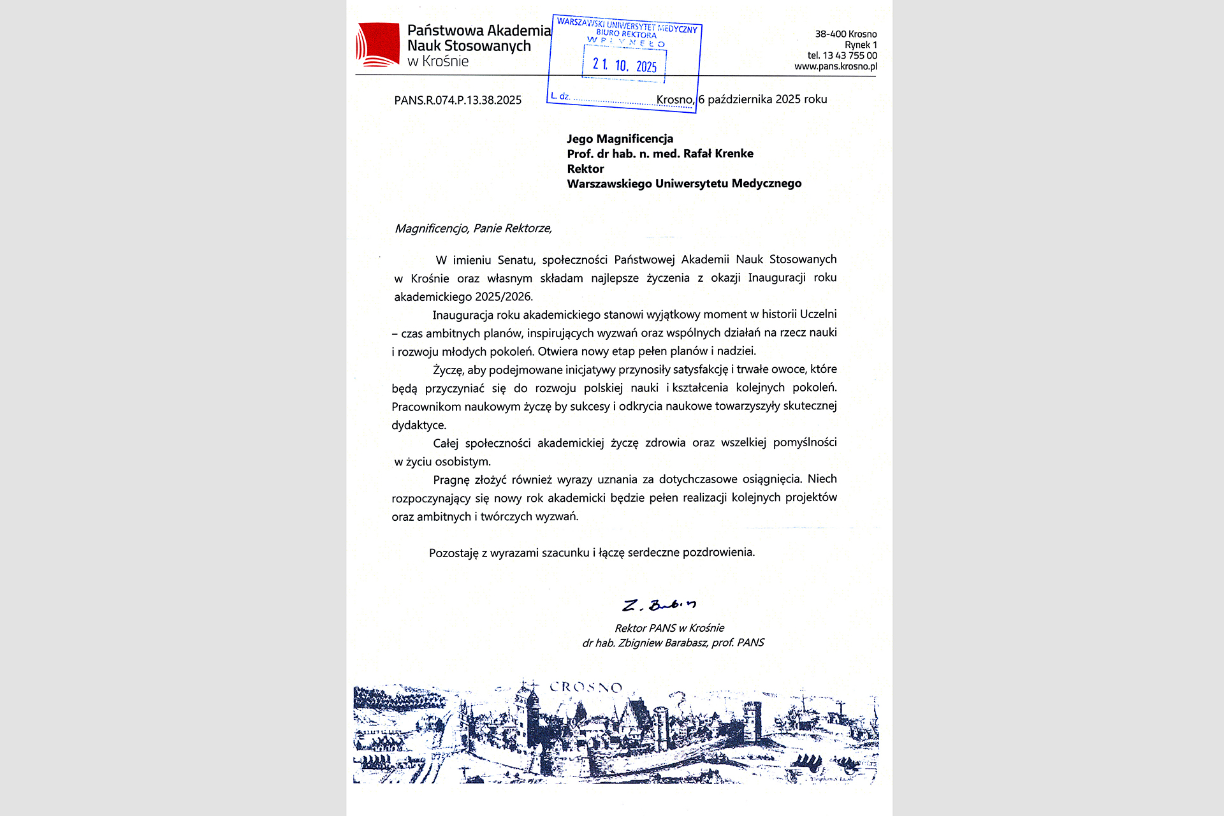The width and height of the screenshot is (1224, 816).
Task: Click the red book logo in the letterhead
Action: (377, 45)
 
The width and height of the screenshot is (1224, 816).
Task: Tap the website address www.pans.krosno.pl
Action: (835, 66)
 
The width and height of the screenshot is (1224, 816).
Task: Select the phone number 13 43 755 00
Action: (850, 55)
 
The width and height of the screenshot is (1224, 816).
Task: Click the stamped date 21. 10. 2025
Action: (624, 66)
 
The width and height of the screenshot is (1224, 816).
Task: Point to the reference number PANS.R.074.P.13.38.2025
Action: (458, 100)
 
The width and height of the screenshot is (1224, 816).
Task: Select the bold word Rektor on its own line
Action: (585, 169)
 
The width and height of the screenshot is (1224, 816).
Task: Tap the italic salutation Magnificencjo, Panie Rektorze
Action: (473, 228)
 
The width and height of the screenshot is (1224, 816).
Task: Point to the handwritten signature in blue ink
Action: (659, 604)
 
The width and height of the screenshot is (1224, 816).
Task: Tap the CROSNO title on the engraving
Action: (585, 687)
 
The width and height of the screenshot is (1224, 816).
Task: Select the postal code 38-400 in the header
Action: (831, 34)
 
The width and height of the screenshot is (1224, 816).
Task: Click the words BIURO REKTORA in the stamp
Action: (626, 34)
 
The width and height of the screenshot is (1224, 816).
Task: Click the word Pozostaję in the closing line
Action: (453, 553)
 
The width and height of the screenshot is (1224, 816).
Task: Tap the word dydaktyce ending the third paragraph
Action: (419, 425)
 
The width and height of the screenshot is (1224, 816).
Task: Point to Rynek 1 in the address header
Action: (861, 45)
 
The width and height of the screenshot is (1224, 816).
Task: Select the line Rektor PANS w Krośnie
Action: (669, 628)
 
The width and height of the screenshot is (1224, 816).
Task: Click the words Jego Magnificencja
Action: (620, 139)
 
